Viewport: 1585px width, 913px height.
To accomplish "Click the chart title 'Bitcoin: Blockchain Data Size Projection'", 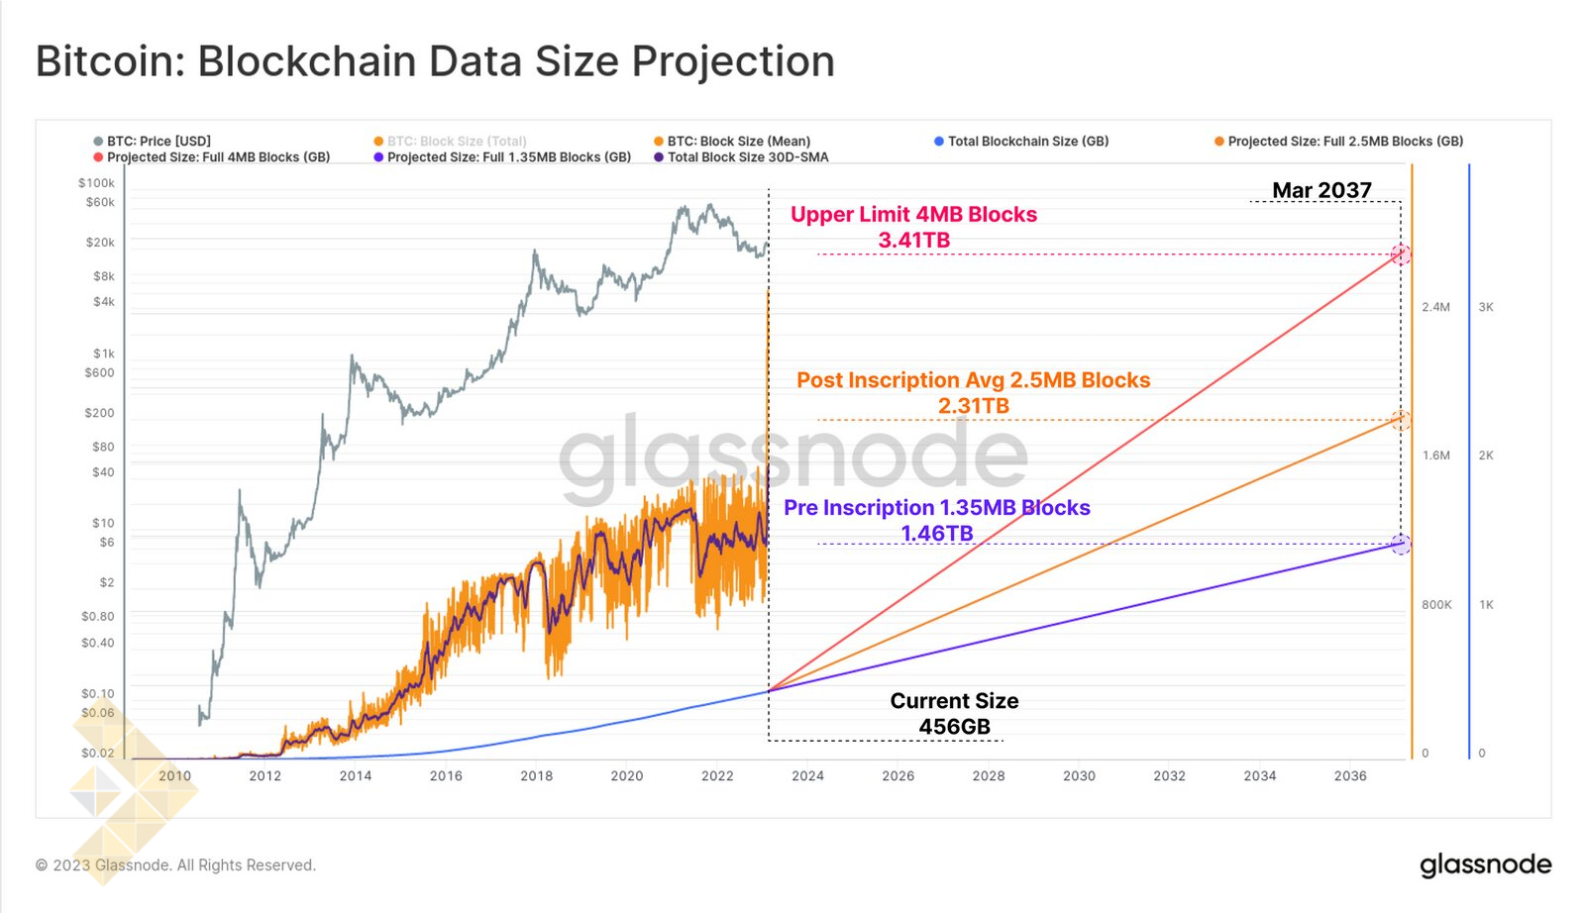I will click(435, 61).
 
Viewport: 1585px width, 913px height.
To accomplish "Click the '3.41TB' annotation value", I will click(913, 241).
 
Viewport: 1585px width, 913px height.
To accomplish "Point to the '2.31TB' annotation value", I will click(973, 406).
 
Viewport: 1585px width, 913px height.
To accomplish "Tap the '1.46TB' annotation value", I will click(936, 534).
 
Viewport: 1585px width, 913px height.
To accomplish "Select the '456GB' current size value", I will click(954, 727).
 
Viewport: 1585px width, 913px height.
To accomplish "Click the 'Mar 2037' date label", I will click(1321, 190).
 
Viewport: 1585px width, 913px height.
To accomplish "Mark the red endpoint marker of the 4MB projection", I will click(1401, 254).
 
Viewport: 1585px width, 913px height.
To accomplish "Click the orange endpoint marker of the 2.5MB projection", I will click(1401, 420).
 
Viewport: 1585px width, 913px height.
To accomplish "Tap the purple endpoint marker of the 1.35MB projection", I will click(1401, 544).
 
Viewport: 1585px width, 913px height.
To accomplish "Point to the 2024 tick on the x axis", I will click(807, 776).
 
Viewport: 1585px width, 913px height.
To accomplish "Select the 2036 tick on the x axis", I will click(1350, 776).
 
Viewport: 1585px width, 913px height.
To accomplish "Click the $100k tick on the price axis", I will click(96, 183).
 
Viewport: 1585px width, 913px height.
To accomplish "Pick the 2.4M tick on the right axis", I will click(1435, 307).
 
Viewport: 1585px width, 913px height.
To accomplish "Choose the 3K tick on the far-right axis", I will click(1486, 307).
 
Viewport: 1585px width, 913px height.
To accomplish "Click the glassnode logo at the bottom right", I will click(1485, 864).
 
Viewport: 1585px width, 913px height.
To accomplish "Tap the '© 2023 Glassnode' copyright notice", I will click(175, 865).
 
